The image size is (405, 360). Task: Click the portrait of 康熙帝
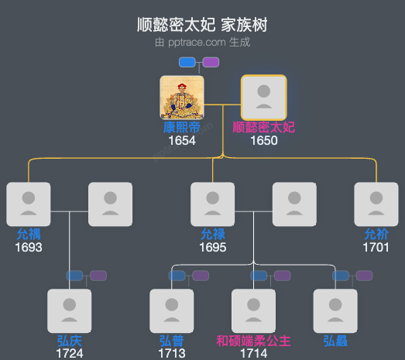pyautogui.click(x=182, y=97)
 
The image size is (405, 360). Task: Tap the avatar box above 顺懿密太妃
pyautogui.click(x=263, y=97)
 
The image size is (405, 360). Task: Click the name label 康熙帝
pyautogui.click(x=182, y=127)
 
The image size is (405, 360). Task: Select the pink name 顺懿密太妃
pyautogui.click(x=263, y=127)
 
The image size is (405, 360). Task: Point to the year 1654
pyautogui.click(x=182, y=140)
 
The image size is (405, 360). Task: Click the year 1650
pyautogui.click(x=263, y=140)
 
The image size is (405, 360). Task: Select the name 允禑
pyautogui.click(x=28, y=234)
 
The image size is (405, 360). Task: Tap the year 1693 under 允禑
pyautogui.click(x=28, y=247)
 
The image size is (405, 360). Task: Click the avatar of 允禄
pyautogui.click(x=213, y=204)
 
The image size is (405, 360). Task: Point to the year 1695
pyautogui.click(x=213, y=247)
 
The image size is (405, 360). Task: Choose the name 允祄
pyautogui.click(x=376, y=234)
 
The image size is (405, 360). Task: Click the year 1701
pyautogui.click(x=376, y=247)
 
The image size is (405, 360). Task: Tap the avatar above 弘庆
pyautogui.click(x=70, y=310)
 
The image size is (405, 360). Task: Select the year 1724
pyautogui.click(x=70, y=353)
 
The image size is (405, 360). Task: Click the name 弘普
pyautogui.click(x=172, y=340)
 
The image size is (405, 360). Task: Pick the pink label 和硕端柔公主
pyautogui.click(x=253, y=340)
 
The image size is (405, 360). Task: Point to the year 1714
pyautogui.click(x=253, y=353)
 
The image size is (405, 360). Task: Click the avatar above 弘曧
pyautogui.click(x=335, y=310)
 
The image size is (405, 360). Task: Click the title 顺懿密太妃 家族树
pyautogui.click(x=202, y=26)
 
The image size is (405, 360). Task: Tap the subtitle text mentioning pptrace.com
pyautogui.click(x=202, y=42)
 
